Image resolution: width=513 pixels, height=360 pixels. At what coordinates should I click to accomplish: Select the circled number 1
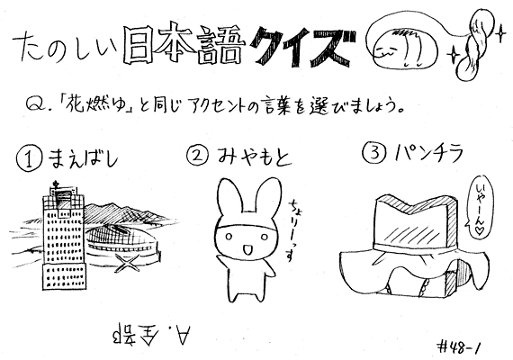(29, 158)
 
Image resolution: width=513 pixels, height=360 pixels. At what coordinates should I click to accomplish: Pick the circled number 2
(198, 155)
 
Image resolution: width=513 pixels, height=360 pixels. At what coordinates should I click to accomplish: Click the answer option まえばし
(83, 158)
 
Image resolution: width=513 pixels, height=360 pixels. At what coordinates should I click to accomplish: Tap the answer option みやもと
(253, 156)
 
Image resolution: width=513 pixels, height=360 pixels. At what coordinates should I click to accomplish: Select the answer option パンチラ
(428, 152)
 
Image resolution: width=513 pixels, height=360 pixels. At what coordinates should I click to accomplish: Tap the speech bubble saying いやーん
(481, 207)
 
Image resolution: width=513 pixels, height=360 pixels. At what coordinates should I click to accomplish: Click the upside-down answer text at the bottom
(151, 333)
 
